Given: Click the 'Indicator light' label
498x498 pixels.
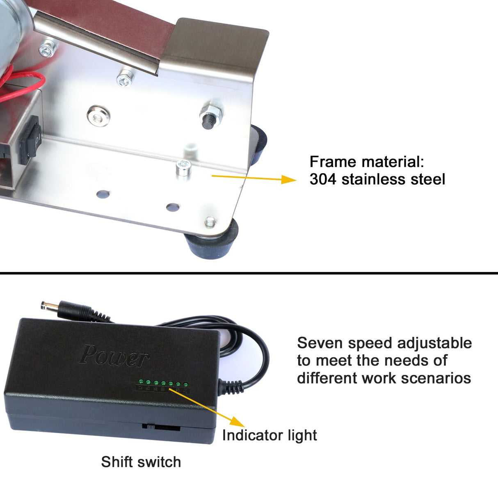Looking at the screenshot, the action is coord(270,435).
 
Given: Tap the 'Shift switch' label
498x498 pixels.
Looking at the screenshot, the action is coord(141,462).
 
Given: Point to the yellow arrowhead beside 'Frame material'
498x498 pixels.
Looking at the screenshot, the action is coord(288,179).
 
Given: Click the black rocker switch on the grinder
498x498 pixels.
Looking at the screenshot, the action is coord(29,140).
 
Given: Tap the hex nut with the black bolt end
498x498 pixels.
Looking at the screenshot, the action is coord(211,114).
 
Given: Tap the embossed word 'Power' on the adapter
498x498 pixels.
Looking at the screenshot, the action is coord(114,356).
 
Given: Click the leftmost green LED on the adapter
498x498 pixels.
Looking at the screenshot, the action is coord(141,381).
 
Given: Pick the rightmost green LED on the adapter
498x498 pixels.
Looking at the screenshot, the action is coord(185,384).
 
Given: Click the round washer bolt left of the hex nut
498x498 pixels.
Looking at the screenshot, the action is coord(98,116).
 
